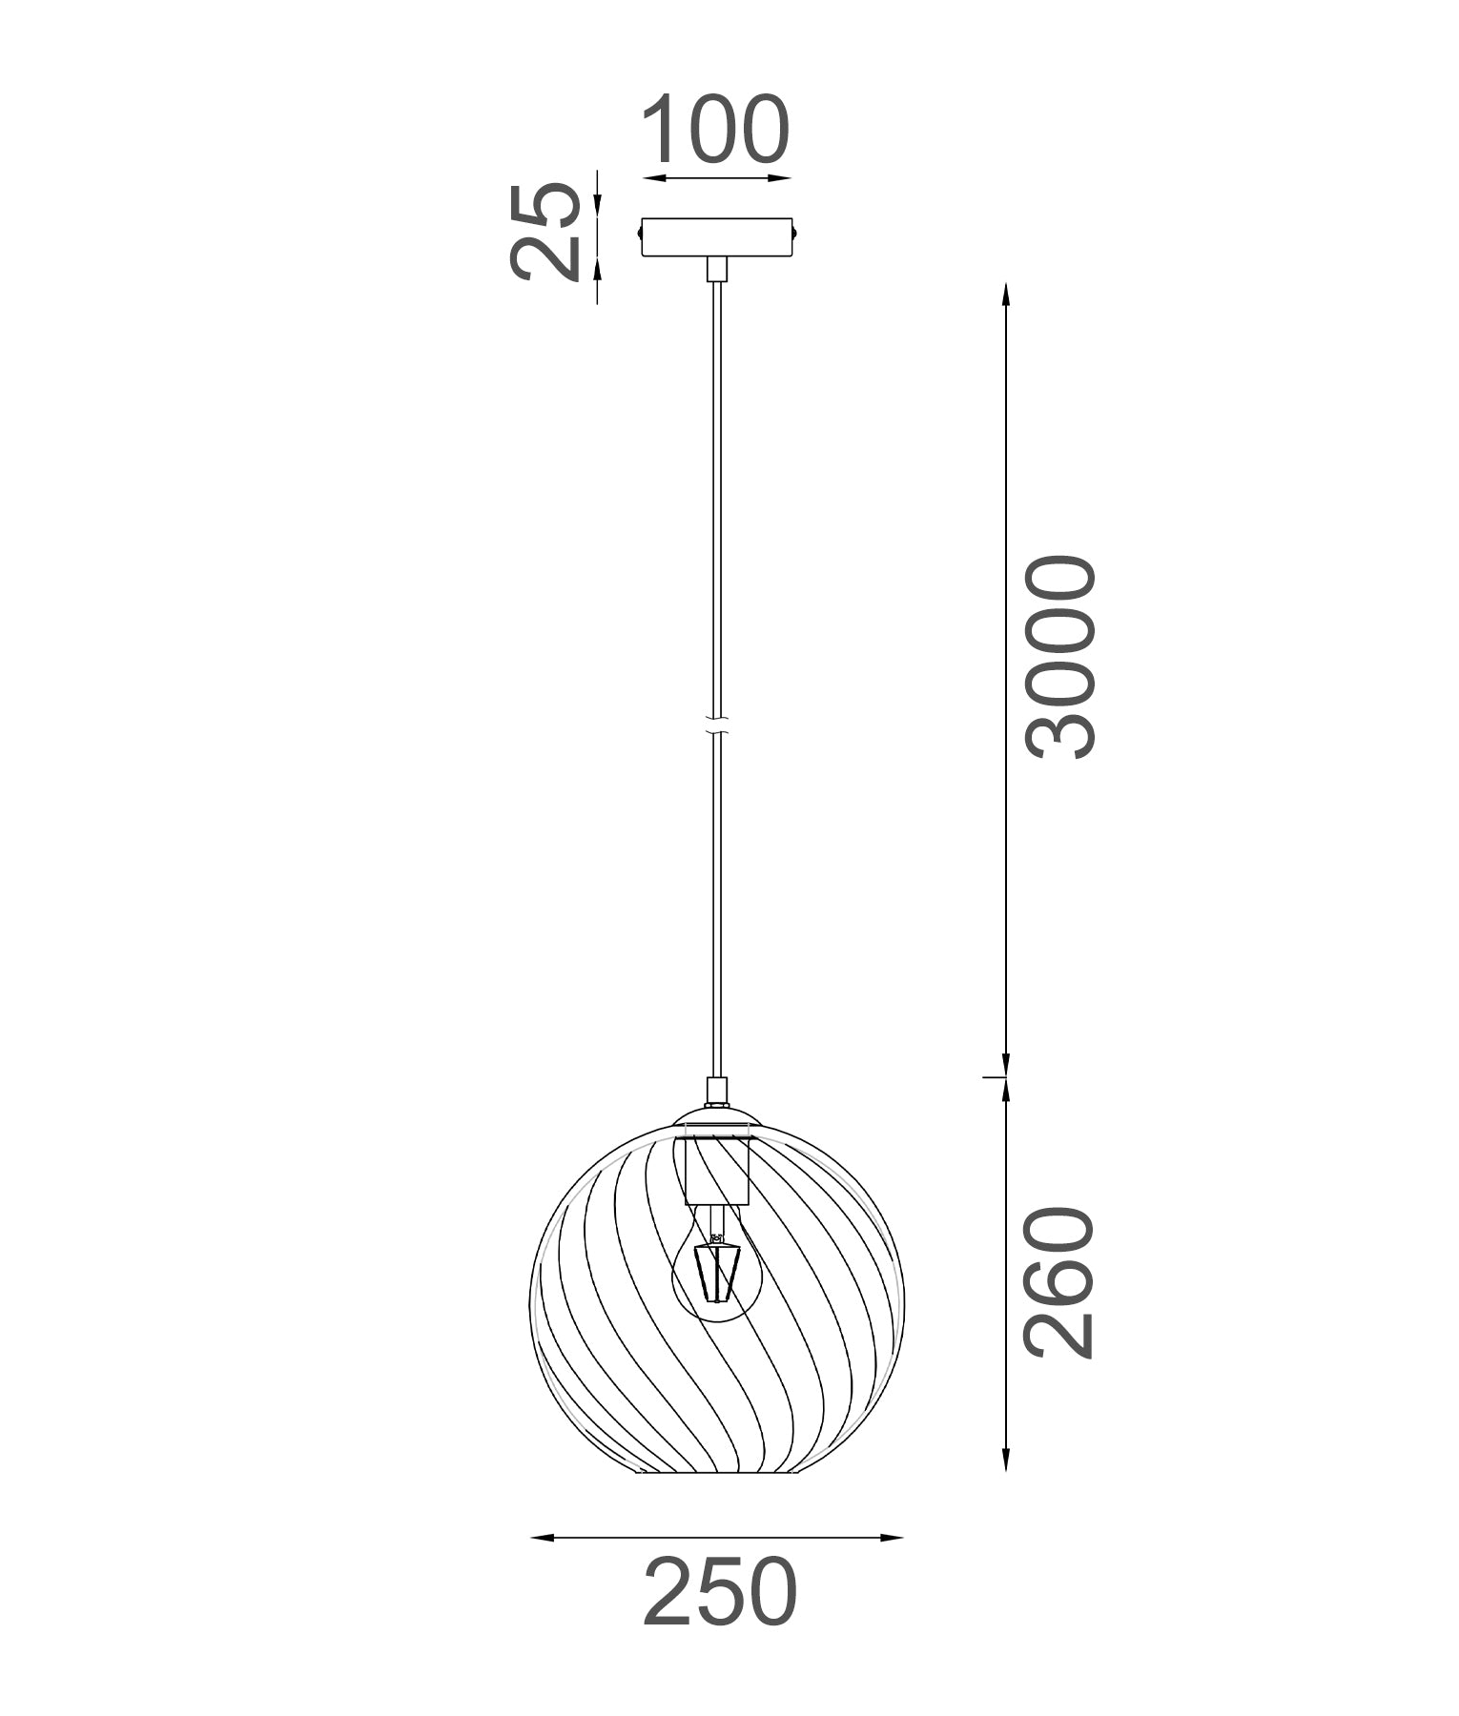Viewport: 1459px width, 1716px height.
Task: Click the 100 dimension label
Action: [x=716, y=130]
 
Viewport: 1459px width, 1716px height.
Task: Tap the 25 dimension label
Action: [x=545, y=234]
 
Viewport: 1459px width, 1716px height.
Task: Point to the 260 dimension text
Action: [x=1060, y=1281]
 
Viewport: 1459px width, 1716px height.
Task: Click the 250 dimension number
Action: [x=720, y=1592]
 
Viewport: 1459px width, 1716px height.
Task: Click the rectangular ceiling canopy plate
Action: [x=716, y=237]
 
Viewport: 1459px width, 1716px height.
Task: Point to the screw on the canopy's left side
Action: [x=638, y=230]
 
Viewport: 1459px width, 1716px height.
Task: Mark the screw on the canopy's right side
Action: [x=795, y=230]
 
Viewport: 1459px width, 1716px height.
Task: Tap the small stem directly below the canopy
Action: [x=716, y=269]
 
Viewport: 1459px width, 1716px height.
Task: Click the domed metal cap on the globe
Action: [x=717, y=1117]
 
